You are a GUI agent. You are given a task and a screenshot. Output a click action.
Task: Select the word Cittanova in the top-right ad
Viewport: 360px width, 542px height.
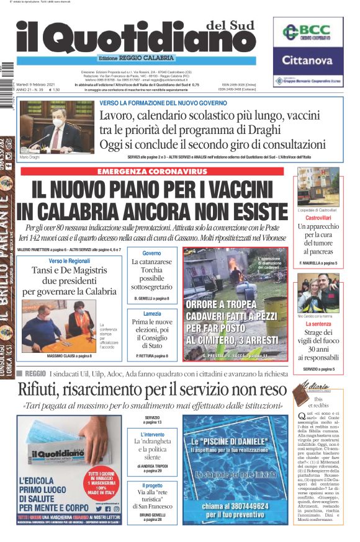tap(308, 60)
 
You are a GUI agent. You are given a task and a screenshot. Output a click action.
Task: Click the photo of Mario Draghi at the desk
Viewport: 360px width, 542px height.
tap(57, 127)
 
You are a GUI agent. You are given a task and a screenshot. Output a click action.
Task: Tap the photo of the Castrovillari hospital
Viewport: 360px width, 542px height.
tap(318, 189)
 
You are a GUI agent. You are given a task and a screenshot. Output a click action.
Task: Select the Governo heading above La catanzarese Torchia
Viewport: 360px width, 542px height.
tap(151, 254)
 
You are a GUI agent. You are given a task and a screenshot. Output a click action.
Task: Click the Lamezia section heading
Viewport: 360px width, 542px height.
tap(151, 314)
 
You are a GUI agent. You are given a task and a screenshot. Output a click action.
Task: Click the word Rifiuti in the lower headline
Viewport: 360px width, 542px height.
tap(42, 389)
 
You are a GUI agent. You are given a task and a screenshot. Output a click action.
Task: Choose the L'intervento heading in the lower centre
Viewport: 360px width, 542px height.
tap(152, 435)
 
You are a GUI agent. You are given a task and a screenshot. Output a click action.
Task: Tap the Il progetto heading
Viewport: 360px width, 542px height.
tap(152, 486)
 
